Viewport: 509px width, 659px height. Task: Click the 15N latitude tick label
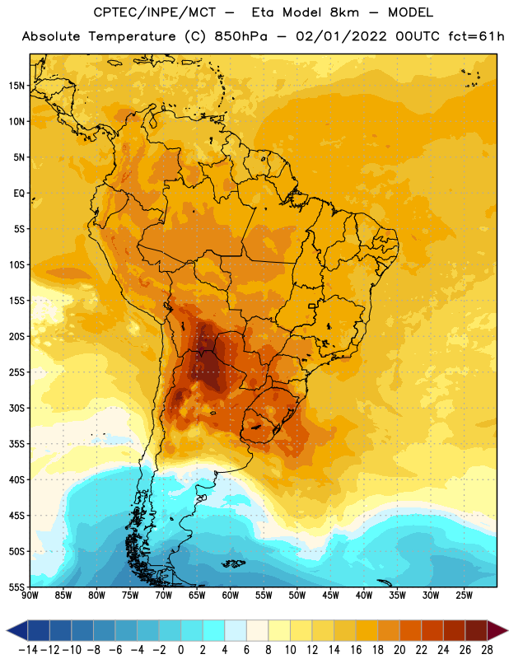pos(16,86)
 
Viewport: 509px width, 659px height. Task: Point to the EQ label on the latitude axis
pos(19,194)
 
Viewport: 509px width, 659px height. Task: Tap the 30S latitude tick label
pos(16,408)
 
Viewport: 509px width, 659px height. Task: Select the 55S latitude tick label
pos(16,587)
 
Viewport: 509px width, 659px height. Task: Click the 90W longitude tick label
pos(30,596)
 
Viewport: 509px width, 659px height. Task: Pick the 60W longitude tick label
pos(231,596)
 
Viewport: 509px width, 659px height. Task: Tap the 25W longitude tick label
pos(464,596)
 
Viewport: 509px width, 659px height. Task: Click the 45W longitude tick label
pos(330,596)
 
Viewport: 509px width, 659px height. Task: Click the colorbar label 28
pos(487,650)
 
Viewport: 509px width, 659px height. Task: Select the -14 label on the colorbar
pos(28,650)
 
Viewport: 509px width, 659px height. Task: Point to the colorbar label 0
pos(180,650)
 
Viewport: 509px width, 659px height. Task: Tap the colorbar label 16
pos(356,650)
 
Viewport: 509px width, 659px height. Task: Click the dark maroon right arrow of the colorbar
pos(497,630)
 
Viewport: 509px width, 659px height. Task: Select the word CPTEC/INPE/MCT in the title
pos(154,12)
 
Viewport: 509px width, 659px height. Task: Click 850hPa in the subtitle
pos(240,36)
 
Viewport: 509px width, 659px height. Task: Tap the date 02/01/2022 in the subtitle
pos(341,36)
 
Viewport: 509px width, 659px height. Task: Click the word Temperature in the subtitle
pos(132,37)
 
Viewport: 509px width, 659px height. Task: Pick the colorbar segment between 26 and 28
pos(477,630)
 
